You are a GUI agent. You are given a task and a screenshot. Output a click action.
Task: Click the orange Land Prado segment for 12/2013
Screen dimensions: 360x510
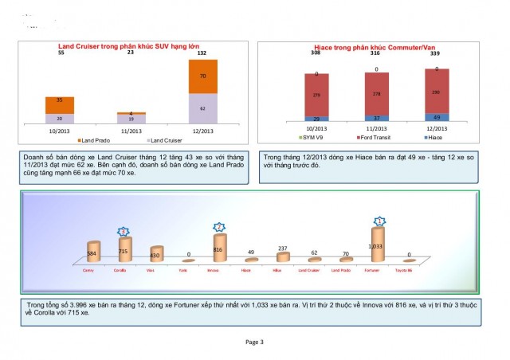(203, 76)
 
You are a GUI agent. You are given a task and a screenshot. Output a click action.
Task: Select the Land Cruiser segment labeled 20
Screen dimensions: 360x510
(60, 118)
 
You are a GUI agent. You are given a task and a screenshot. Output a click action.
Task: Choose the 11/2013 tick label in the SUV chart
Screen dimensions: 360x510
(131, 130)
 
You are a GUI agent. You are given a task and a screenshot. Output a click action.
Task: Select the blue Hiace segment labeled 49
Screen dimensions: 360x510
(437, 117)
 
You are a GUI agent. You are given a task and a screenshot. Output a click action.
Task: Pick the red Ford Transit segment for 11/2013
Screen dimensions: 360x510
(371, 94)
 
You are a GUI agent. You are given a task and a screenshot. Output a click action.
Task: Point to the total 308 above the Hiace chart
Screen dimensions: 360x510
(316, 53)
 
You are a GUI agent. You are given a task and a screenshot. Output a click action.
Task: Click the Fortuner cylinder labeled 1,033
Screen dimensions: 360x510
(379, 245)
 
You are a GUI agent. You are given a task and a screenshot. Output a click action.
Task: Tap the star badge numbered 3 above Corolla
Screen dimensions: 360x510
(123, 230)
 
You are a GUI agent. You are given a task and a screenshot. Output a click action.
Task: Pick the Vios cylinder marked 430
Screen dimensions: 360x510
(156, 254)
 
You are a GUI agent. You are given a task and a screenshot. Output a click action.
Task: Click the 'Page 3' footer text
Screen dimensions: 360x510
(255, 341)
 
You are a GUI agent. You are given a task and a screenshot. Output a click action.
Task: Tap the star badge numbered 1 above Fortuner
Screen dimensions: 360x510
(379, 221)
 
